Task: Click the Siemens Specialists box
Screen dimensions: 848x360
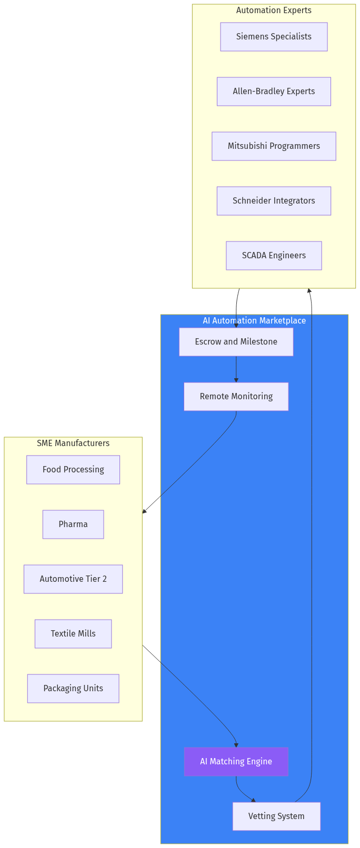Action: coord(274,37)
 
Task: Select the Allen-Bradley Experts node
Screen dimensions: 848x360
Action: coord(274,92)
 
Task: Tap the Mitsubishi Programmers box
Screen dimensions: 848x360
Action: coord(274,146)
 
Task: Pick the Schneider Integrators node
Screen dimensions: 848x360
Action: coord(274,201)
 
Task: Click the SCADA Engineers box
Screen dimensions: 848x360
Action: coord(274,256)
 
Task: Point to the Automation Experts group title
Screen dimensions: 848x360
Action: coord(274,11)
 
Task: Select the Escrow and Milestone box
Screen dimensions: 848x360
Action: coord(236,342)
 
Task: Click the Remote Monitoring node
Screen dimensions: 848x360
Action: coord(236,397)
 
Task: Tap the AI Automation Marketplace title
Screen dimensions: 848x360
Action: coord(254,321)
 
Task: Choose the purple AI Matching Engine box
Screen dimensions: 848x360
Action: coord(236,762)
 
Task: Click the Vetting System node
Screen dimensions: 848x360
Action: coord(276,816)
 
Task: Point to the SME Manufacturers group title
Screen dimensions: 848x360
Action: coord(73,443)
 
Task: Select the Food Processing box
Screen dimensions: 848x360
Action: coord(73,470)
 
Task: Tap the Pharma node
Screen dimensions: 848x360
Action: coord(73,524)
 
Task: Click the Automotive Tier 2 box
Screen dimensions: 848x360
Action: coord(73,579)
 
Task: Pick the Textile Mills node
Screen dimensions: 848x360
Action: coord(73,634)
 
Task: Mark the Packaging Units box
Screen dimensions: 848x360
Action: coord(73,689)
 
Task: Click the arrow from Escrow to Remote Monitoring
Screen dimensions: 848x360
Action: coord(236,368)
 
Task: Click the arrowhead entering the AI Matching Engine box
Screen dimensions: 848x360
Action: coord(236,745)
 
